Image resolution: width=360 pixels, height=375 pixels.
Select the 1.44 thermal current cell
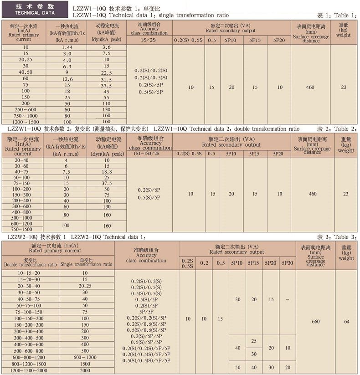tap(67, 47)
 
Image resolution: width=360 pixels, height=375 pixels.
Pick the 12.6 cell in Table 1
tap(67, 79)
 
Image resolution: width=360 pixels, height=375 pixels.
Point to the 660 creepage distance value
tap(315, 322)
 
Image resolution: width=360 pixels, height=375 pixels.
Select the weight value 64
tap(346, 322)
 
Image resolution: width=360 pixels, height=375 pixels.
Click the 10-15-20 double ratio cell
tap(30, 273)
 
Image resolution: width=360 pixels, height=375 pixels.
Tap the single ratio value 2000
tap(85, 370)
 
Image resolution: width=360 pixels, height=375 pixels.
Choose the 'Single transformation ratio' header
tap(86, 264)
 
